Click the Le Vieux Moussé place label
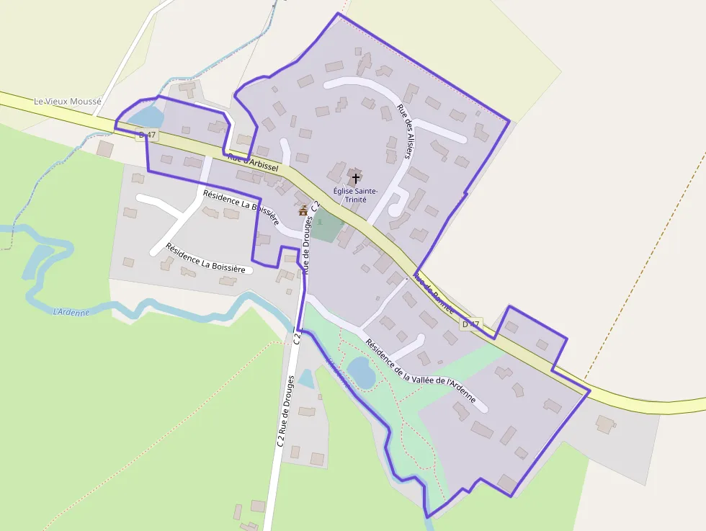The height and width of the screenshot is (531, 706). (68, 102)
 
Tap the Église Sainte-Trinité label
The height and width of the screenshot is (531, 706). (350, 195)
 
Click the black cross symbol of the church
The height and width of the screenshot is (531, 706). (356, 177)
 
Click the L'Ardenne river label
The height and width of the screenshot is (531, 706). (71, 312)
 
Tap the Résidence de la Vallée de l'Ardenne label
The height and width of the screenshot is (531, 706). (420, 371)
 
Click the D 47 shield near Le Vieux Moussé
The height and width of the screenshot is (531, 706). (146, 135)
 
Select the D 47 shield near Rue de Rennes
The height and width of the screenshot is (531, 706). (471, 324)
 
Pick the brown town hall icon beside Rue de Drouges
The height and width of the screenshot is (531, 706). (303, 210)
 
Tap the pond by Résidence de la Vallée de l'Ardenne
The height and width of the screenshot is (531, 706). (361, 372)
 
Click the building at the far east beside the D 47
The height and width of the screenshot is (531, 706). (605, 424)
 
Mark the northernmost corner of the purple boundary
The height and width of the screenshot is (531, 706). (338, 14)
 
